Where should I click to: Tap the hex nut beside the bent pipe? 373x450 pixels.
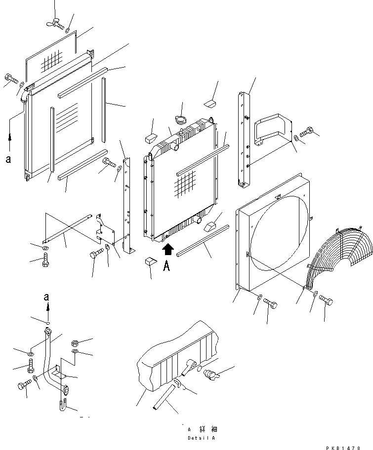click(74, 342)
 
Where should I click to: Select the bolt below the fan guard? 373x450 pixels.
click(326, 300)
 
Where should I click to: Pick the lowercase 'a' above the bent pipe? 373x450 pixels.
click(46, 298)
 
